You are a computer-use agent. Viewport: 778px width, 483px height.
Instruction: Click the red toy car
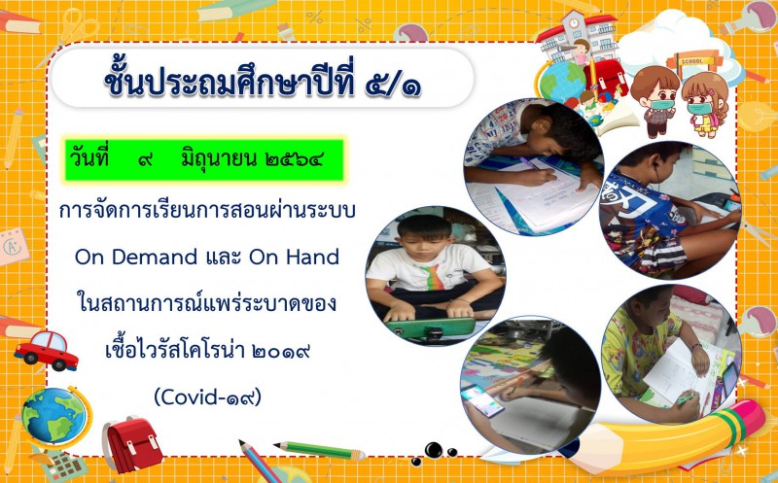tap(46, 350)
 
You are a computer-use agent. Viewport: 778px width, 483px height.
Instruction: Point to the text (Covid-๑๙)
tap(207, 397)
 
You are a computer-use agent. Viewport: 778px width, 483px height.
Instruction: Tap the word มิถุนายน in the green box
tap(218, 159)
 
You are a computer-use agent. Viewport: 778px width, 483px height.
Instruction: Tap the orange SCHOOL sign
tap(691, 61)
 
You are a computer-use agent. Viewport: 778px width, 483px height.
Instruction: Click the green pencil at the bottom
tap(320, 450)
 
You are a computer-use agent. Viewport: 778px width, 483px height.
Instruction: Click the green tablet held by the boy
tap(431, 328)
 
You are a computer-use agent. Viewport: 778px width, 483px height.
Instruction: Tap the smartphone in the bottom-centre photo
tap(482, 400)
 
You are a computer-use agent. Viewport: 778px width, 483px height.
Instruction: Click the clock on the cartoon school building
tap(574, 22)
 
